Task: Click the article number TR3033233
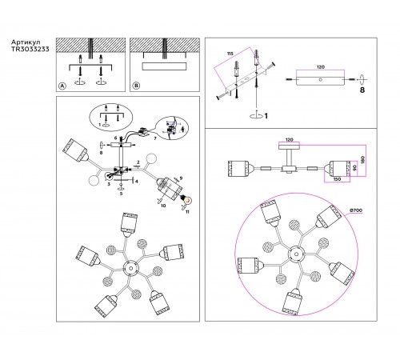(30, 49)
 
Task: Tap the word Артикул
(26, 42)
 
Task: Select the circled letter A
(62, 86)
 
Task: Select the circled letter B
(136, 86)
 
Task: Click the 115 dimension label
(230, 54)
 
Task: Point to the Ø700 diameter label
(355, 210)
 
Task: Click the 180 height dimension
(362, 159)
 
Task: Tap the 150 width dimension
(337, 179)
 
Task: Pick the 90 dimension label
(354, 169)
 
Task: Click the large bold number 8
(362, 90)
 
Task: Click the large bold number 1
(266, 116)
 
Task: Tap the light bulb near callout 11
(187, 199)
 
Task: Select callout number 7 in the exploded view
(155, 138)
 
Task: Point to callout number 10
(163, 206)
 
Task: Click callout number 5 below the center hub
(121, 194)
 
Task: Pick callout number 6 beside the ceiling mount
(115, 138)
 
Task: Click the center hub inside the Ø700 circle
(296, 254)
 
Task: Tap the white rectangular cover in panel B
(164, 66)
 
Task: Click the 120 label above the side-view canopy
(289, 139)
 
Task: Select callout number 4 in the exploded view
(136, 182)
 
